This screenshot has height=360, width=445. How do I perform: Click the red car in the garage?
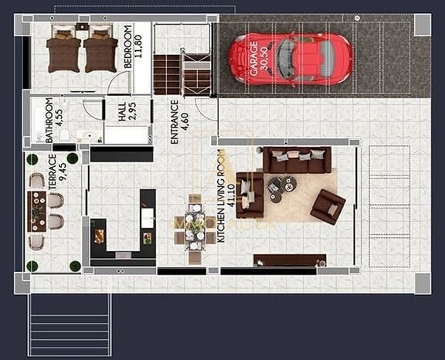click(x=290, y=59)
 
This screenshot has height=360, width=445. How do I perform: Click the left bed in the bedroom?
click(x=63, y=52)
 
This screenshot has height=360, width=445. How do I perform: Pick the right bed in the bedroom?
click(x=100, y=52)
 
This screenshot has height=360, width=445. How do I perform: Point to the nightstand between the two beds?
click(x=82, y=29)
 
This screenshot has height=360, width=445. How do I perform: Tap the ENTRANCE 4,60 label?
click(x=179, y=121)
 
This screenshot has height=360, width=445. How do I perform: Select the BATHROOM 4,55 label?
click(x=54, y=120)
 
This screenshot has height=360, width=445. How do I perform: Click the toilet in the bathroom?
click(x=65, y=135)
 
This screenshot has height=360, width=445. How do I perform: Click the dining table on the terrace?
click(x=36, y=211)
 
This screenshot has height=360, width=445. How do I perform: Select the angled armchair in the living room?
click(x=328, y=206)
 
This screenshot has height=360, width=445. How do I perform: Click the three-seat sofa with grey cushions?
click(x=297, y=160)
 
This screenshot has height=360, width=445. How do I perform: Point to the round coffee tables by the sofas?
click(x=281, y=185)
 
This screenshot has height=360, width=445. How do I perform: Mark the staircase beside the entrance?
click(x=182, y=73)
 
